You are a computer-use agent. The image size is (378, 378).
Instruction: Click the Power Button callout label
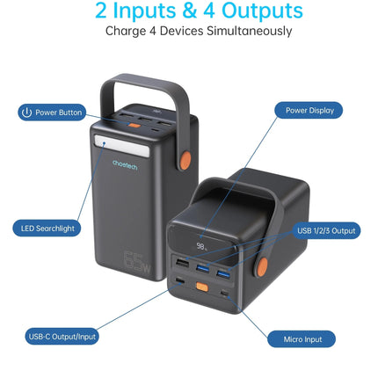[52, 113]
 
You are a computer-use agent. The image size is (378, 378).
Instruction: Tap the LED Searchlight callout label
[47, 229]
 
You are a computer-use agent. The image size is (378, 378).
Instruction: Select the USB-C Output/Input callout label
[62, 337]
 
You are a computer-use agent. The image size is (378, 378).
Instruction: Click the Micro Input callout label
[302, 339]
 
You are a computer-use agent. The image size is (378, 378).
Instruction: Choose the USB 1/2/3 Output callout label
[326, 230]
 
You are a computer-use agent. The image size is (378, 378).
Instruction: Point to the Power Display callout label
[309, 111]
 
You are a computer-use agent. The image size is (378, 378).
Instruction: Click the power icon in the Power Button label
[26, 113]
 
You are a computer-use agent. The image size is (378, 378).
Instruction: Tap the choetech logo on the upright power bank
[125, 164]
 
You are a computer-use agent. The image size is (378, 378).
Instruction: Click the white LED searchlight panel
[121, 145]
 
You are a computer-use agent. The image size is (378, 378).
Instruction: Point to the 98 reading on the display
[200, 246]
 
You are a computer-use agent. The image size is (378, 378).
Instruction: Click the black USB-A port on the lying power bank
[182, 263]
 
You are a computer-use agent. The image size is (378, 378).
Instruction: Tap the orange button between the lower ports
[202, 287]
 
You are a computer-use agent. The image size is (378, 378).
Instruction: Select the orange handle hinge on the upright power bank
[185, 160]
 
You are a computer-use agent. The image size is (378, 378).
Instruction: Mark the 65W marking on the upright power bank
[137, 263]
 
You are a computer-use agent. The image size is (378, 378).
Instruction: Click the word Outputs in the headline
[262, 11]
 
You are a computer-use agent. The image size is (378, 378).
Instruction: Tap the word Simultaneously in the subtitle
[250, 31]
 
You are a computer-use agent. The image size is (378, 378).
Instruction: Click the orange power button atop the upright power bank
[134, 126]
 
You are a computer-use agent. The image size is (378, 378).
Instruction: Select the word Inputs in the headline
[144, 11]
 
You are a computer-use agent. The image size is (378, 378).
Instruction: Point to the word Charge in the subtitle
[126, 32]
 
